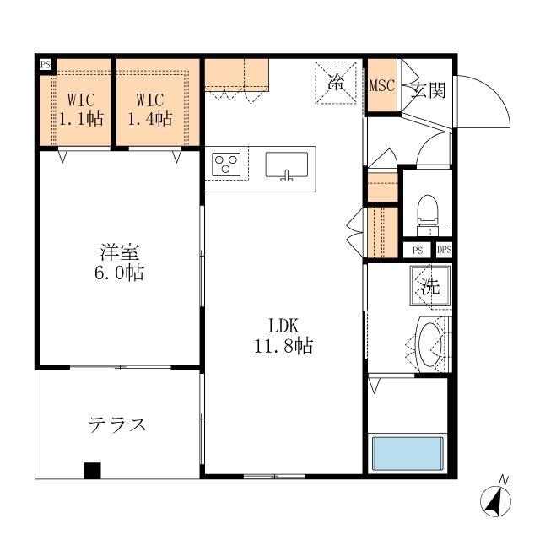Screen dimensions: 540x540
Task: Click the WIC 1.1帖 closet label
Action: click(81, 109)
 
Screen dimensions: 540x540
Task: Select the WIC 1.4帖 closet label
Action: click(150, 109)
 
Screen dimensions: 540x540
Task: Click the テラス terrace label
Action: click(117, 424)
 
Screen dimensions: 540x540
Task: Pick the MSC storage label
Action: click(382, 86)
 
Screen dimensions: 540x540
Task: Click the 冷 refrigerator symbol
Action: click(336, 83)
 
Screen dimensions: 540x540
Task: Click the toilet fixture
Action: click(427, 211)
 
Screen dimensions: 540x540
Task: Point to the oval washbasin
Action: click(430, 344)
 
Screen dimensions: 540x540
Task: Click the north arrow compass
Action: click(496, 499)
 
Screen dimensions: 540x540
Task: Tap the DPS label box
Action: click(444, 250)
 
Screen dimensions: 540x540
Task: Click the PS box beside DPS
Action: click(417, 250)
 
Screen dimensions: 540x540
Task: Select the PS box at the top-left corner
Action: click(45, 64)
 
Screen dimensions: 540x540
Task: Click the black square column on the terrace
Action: click(92, 471)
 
